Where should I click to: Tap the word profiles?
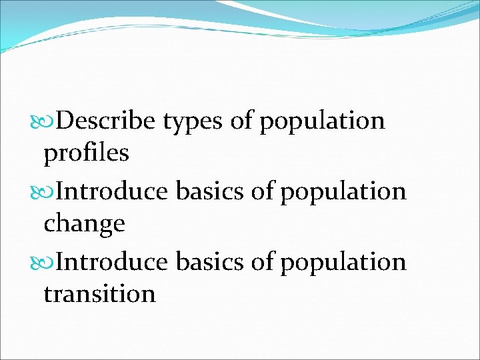tap(86, 153)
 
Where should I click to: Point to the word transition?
tap(99, 293)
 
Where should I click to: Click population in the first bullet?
tap(323, 121)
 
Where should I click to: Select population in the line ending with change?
tap(343, 192)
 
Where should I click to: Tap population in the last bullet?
tap(343, 262)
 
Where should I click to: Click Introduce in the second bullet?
tap(112, 192)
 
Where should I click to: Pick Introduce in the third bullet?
tap(112, 262)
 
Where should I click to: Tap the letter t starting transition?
tap(47, 294)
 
